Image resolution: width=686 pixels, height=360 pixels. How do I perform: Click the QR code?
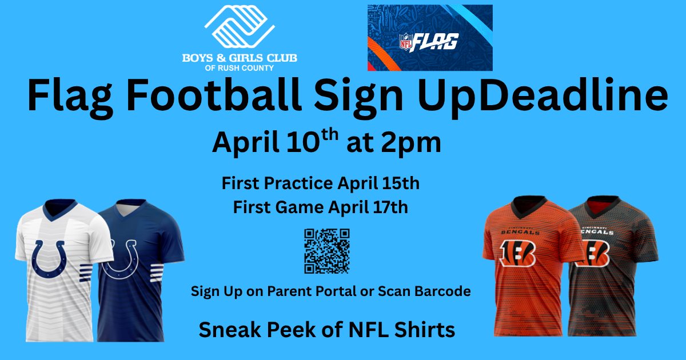[327, 251]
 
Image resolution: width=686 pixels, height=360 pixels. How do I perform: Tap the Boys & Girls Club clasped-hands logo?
[240, 27]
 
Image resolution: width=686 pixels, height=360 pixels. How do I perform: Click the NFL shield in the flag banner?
[405, 42]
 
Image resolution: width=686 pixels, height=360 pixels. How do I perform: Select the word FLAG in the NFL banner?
[434, 42]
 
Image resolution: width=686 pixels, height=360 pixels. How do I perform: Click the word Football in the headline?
[214, 95]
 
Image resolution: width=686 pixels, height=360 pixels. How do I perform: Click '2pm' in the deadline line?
[411, 143]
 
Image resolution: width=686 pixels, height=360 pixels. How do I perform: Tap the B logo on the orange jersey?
[517, 253]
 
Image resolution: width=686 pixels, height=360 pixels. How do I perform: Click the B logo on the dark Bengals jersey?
[593, 254]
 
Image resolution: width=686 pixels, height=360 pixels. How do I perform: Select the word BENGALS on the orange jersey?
[520, 233]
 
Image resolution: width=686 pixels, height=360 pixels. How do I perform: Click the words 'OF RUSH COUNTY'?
[239, 68]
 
